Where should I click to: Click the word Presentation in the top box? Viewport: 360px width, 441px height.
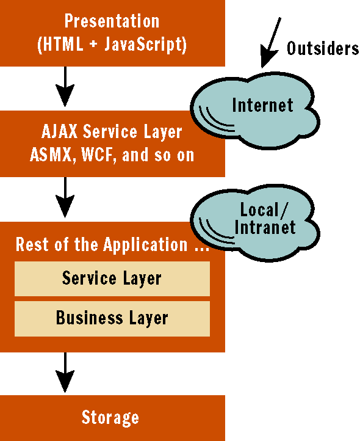[112, 21]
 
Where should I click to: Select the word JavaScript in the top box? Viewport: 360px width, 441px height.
[145, 45]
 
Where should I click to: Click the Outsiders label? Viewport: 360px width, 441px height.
[323, 48]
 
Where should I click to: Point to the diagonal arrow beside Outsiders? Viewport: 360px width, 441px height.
[270, 43]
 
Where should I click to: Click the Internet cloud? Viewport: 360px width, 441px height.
[254, 110]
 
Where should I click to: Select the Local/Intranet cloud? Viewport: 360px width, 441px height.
[254, 223]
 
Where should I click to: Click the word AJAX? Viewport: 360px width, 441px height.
[59, 131]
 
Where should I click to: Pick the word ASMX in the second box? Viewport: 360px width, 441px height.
[51, 155]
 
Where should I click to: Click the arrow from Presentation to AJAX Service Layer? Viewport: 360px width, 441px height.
[65, 87]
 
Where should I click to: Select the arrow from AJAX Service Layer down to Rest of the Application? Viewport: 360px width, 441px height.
[65, 197]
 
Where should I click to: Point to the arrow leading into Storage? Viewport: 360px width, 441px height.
[65, 373]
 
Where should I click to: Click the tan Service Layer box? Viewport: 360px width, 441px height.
[112, 279]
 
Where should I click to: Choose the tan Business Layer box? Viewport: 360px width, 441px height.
[112, 319]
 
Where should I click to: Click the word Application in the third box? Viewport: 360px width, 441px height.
[145, 245]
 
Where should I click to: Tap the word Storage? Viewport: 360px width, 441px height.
[110, 417]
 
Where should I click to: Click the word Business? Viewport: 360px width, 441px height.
[90, 318]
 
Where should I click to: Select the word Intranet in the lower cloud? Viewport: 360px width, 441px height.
[265, 227]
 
